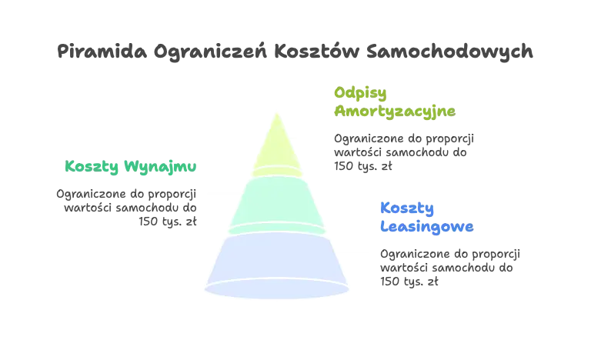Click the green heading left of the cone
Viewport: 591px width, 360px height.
pos(129,166)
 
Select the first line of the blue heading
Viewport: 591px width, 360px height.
pos(406,208)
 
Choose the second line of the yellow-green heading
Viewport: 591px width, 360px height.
pos(393,111)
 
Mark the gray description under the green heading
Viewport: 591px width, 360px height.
pos(128,204)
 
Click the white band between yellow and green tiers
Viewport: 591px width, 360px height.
pos(276,173)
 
